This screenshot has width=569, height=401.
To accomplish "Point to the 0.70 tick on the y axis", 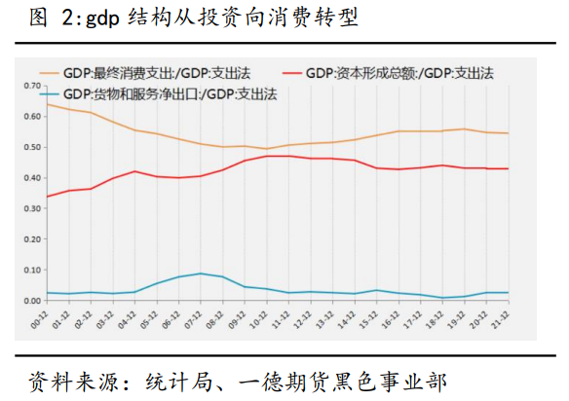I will point(29,86).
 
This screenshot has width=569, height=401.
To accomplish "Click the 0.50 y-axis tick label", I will point(29,147).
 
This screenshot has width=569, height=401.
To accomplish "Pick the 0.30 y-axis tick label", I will point(29,208).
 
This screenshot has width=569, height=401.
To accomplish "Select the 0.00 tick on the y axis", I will point(29,300).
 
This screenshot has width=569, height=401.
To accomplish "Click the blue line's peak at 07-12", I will point(200,273).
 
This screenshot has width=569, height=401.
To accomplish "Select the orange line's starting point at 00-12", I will point(46,104).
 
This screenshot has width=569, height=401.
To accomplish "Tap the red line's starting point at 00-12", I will point(46,197).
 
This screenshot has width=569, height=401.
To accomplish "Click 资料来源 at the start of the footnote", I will point(64,377).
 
